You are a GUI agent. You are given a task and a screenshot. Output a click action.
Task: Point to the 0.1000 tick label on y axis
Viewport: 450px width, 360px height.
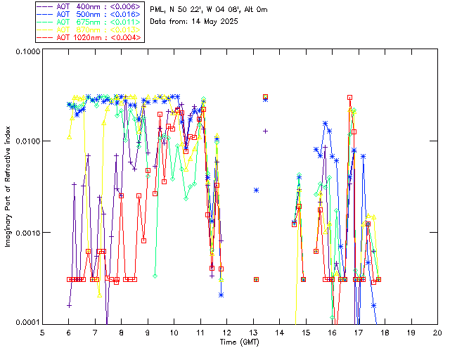[27, 53]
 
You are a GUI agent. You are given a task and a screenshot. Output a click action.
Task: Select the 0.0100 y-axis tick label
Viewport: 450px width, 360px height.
[27, 142]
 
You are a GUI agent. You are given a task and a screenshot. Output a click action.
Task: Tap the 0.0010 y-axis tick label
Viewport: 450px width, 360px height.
[27, 233]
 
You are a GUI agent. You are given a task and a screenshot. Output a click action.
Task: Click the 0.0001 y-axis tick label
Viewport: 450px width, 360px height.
[27, 323]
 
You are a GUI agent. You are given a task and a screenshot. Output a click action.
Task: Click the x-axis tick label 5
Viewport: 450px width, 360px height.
[42, 332]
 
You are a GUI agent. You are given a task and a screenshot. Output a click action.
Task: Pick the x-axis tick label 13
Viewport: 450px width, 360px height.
[253, 332]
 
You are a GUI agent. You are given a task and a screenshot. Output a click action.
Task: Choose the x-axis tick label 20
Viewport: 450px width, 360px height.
[437, 332]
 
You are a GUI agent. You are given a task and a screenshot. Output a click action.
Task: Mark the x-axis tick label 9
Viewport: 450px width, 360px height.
[148, 332]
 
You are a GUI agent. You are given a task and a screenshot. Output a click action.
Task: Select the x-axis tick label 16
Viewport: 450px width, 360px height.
[332, 332]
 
